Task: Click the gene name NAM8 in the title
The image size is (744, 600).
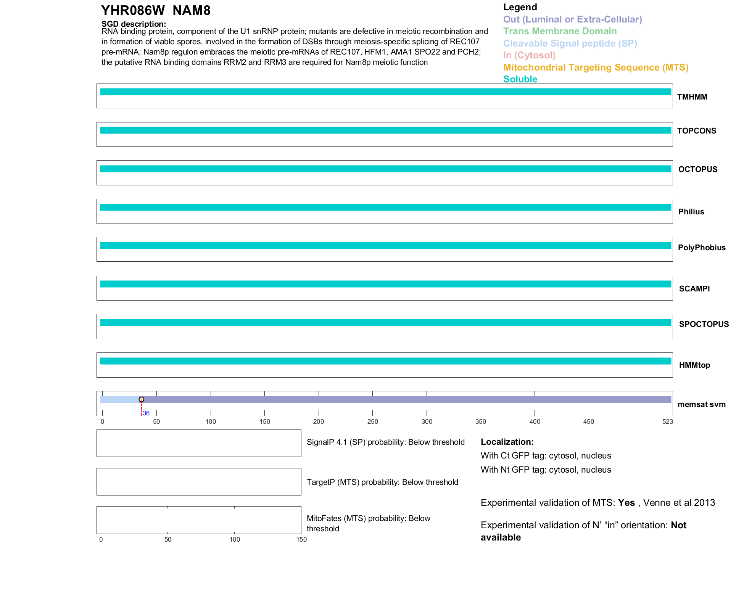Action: pos(191,11)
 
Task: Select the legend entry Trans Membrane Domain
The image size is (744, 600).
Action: pos(560,31)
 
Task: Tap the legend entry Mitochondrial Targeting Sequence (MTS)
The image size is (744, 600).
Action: pos(596,68)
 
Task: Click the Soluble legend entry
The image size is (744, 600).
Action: pos(520,79)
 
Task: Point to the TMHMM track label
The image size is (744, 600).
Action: pos(692,97)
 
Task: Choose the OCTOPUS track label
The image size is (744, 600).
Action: pos(697,169)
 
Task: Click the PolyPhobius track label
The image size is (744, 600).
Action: pos(701,248)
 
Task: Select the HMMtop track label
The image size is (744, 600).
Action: pos(694,365)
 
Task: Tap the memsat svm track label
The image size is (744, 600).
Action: pos(701,404)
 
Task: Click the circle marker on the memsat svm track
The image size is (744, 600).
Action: pos(142,399)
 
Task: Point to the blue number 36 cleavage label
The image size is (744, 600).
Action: pos(146,413)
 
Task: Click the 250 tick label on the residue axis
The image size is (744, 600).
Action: pos(372,421)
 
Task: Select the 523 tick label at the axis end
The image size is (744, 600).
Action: pos(667,421)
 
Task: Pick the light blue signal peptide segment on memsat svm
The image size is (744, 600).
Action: pos(120,399)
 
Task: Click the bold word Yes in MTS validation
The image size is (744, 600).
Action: pos(626,503)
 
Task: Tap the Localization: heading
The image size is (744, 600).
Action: pos(507,442)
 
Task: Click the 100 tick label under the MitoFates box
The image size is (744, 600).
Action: pos(235,539)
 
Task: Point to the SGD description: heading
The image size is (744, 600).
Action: pos(134,24)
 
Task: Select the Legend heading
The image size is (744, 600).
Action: pos(520,7)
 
